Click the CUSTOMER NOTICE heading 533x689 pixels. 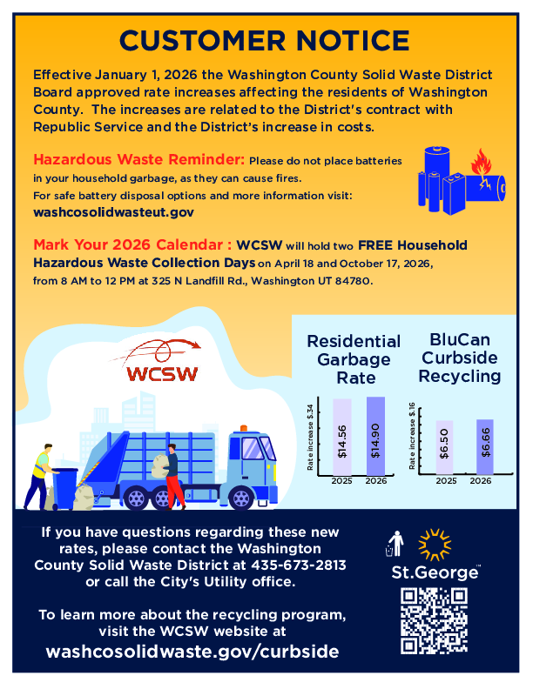pos(265,40)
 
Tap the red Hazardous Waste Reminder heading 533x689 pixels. pos(139,161)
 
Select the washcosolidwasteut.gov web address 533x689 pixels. pos(113,211)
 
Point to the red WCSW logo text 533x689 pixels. pos(163,374)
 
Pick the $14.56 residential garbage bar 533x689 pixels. pos(342,438)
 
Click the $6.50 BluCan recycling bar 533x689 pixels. pos(445,447)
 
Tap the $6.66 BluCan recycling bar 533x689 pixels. pos(484,447)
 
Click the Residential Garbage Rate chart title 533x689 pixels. pos(354,359)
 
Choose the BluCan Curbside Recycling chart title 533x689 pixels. pos(460,358)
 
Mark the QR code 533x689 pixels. pos(434,620)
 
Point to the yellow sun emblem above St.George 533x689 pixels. pos(434,544)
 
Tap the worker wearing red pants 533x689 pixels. pos(173,478)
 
